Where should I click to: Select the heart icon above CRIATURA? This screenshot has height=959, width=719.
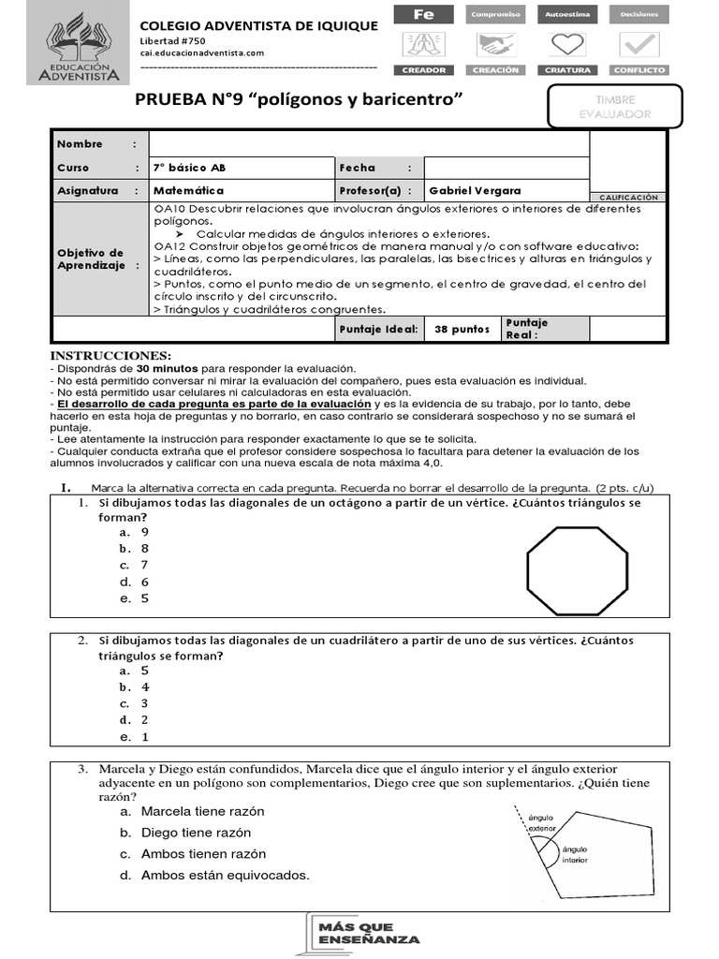pos(562,44)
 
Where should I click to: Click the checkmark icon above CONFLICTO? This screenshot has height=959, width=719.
pos(639,44)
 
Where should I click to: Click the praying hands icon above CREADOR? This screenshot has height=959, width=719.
pos(423,44)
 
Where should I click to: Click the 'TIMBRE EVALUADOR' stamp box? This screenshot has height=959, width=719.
pos(615,106)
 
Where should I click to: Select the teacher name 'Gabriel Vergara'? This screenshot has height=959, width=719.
pos(475,190)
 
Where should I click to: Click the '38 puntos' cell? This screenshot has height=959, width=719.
pos(462,330)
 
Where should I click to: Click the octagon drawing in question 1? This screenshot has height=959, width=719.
pos(576,567)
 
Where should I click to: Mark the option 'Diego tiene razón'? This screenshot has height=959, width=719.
pos(195,833)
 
